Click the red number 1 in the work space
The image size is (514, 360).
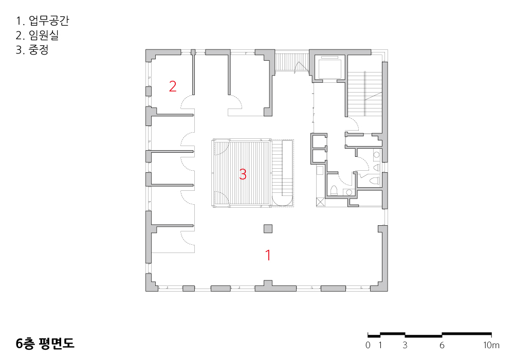click(x=268, y=255)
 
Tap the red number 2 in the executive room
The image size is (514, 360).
click(x=173, y=86)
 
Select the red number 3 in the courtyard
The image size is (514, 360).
click(x=243, y=174)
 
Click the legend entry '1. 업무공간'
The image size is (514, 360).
click(x=43, y=21)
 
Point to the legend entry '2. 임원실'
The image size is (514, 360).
click(x=38, y=35)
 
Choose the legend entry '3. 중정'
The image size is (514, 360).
click(x=32, y=50)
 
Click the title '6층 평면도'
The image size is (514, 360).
click(x=45, y=343)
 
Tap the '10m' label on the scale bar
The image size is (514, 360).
click(x=491, y=345)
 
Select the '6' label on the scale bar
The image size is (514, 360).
click(x=442, y=345)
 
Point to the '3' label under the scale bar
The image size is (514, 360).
click(x=405, y=345)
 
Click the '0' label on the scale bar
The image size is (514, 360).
click(x=368, y=345)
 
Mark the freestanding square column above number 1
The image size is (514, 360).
click(x=268, y=228)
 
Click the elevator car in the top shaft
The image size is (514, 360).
click(x=329, y=67)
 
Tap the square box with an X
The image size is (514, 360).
click(x=320, y=202)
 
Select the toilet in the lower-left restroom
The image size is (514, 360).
click(x=334, y=190)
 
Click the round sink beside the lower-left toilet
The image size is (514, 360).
click(x=349, y=192)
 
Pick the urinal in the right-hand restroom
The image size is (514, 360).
click(x=376, y=168)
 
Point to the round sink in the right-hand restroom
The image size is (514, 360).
click(x=376, y=154)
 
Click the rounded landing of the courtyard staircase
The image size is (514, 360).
click(x=282, y=201)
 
